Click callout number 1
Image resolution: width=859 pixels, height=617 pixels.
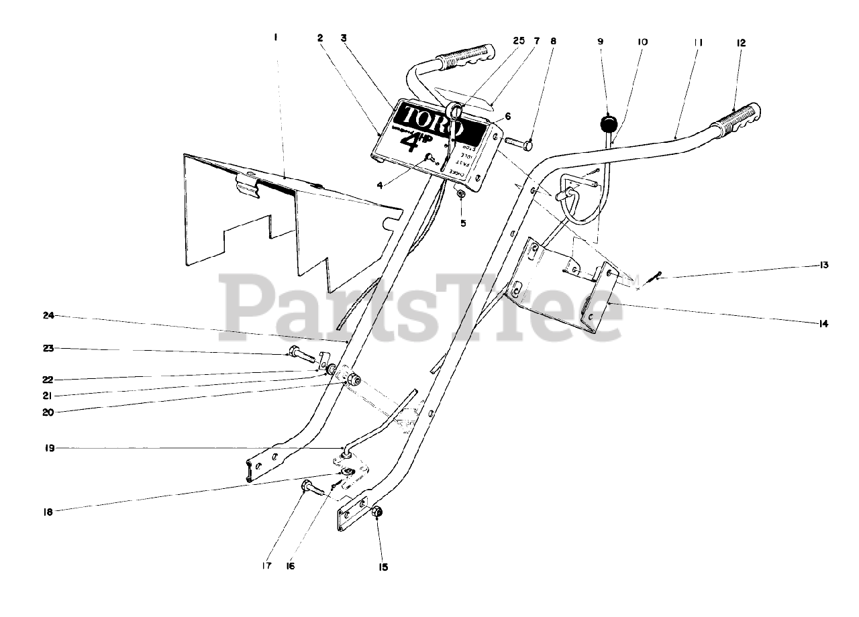(274, 38)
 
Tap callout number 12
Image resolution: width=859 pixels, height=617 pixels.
(741, 42)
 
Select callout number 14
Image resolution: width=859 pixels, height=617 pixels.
(823, 324)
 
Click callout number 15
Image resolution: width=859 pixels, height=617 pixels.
(383, 567)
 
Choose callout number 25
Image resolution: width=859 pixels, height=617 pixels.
(519, 40)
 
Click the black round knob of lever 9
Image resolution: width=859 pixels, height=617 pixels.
(607, 125)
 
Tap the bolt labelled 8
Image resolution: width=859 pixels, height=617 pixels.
(518, 142)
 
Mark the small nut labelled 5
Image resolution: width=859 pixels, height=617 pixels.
(461, 194)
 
